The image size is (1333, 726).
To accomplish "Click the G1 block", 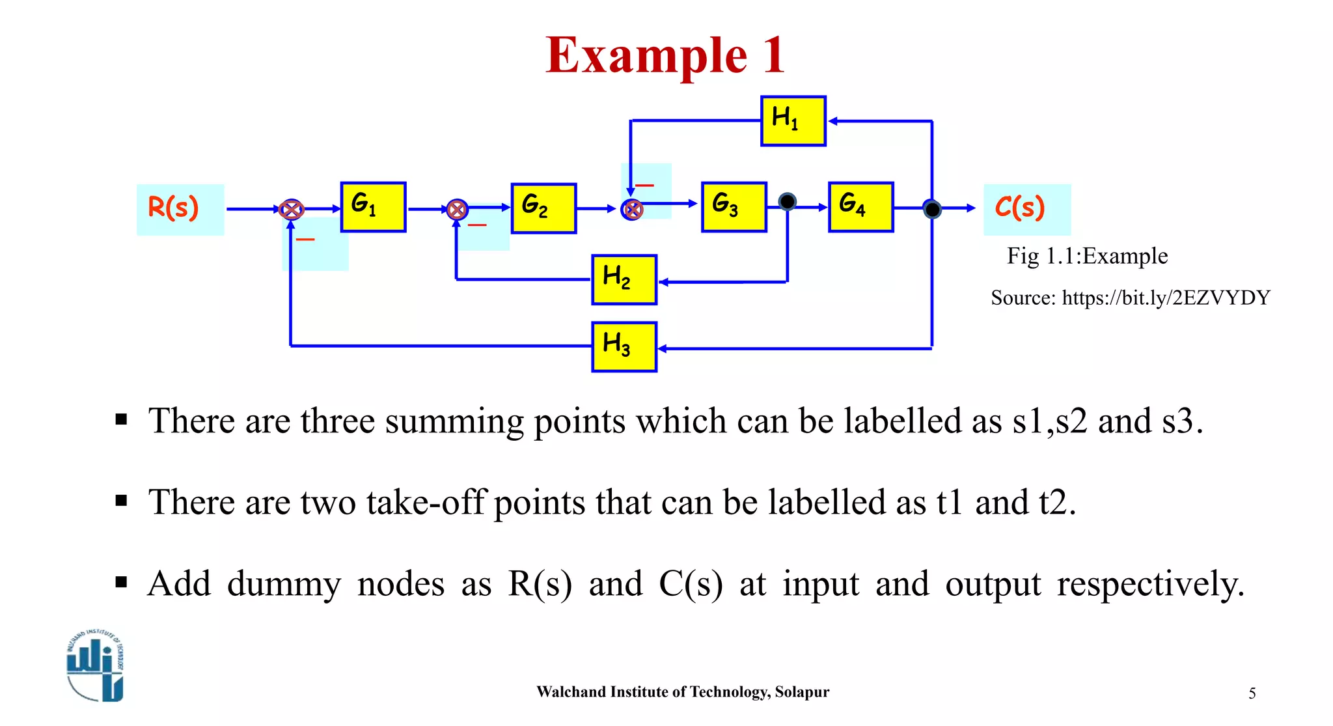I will [373, 207].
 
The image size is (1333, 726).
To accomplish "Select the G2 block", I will [543, 208].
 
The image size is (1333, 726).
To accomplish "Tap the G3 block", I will [734, 207].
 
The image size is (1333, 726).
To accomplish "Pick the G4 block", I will [860, 207].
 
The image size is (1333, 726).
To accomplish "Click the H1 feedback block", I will [793, 121].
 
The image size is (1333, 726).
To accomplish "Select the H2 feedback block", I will [624, 280].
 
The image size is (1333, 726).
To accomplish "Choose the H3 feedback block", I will [624, 347].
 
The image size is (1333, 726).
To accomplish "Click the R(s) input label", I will [174, 208].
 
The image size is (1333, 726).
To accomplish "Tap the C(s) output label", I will [1020, 208].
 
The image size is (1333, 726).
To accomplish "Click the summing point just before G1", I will [291, 210].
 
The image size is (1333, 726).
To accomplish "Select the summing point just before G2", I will [457, 210].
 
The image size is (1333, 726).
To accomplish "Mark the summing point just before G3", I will [632, 210].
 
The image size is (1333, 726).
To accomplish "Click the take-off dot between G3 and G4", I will [787, 202].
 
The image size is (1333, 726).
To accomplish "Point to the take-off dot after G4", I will [932, 209].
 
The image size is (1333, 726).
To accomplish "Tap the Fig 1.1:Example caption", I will [1087, 256].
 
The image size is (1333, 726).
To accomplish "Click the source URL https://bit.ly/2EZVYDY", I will [1165, 298].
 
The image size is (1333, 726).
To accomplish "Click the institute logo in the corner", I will [96, 666].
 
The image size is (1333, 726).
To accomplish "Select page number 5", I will [1252, 693].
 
